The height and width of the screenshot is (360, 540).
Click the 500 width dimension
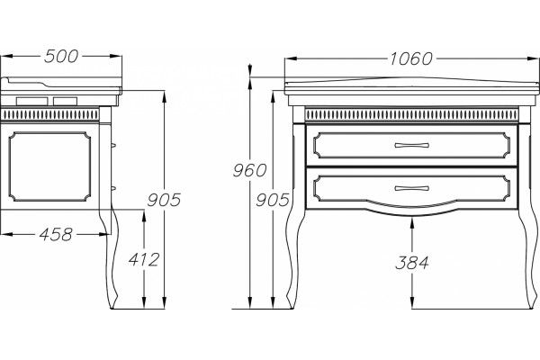pos(61,56)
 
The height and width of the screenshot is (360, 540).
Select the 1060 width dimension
pos(410,58)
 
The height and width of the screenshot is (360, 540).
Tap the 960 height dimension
pos(249,170)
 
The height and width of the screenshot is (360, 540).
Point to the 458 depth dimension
pos(56,235)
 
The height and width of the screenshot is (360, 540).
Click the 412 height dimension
pos(144,259)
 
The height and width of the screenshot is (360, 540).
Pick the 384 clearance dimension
pos(412,263)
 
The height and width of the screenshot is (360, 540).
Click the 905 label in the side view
pos(164,200)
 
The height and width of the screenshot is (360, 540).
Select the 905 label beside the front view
pos(273,200)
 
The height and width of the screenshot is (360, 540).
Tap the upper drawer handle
pos(411,145)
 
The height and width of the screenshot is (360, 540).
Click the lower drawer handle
pos(411,188)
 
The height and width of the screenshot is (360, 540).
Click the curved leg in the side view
pos(111,241)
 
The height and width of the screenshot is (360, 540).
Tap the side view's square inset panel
pos(49,166)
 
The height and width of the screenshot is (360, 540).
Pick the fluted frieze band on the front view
pos(411,114)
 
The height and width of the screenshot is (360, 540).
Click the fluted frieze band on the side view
pos(49,114)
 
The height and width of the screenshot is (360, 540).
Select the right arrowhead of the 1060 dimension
pos(533,58)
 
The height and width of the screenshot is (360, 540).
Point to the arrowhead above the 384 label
pos(412,223)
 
